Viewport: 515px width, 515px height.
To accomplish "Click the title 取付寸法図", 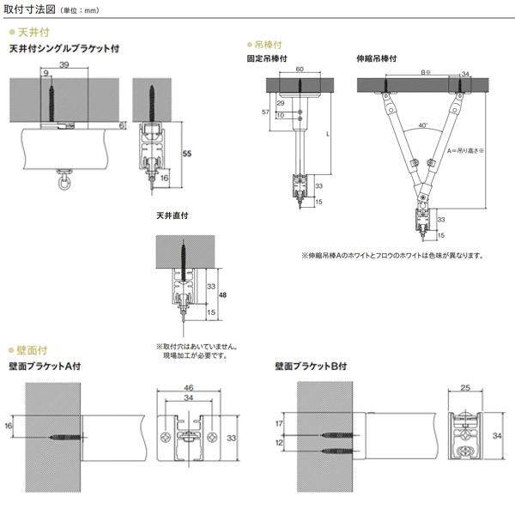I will [28, 11].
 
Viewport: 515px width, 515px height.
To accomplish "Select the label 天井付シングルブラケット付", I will [64, 50].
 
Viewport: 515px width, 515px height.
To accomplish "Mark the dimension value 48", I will [223, 295].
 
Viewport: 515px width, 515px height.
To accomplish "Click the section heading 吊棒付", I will [270, 43].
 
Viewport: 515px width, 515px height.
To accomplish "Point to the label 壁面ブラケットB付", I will [310, 367].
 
